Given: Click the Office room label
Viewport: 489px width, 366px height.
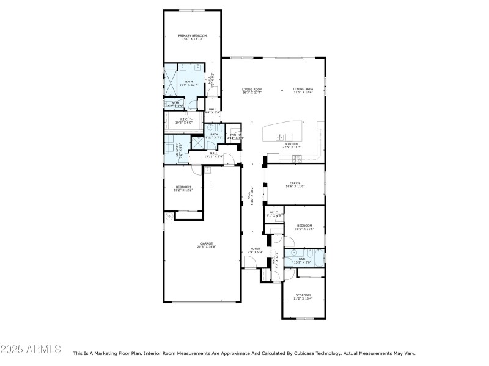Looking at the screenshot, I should [x=295, y=184].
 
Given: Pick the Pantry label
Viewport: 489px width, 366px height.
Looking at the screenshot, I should [x=235, y=136].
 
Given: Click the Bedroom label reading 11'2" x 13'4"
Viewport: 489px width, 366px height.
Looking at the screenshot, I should [x=303, y=296].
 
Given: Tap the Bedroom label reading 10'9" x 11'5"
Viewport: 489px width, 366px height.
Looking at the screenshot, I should [x=304, y=227].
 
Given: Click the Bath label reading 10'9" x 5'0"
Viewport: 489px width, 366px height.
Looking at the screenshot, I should [x=303, y=260].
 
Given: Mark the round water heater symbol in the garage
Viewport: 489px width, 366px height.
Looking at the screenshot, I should [x=169, y=217].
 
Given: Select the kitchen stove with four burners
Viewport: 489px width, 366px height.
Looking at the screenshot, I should [x=298, y=159].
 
